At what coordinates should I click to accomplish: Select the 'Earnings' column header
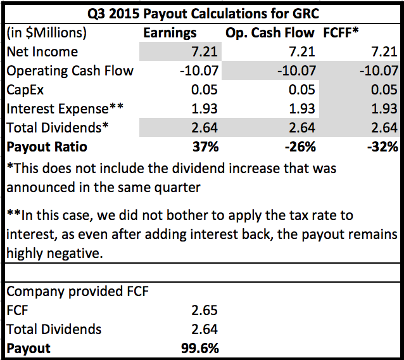(x=170, y=33)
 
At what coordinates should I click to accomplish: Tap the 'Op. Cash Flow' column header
(x=268, y=33)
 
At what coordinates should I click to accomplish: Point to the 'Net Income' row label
(x=42, y=51)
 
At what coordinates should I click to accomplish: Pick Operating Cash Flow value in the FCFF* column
(x=377, y=70)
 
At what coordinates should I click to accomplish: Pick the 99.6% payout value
(x=200, y=349)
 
